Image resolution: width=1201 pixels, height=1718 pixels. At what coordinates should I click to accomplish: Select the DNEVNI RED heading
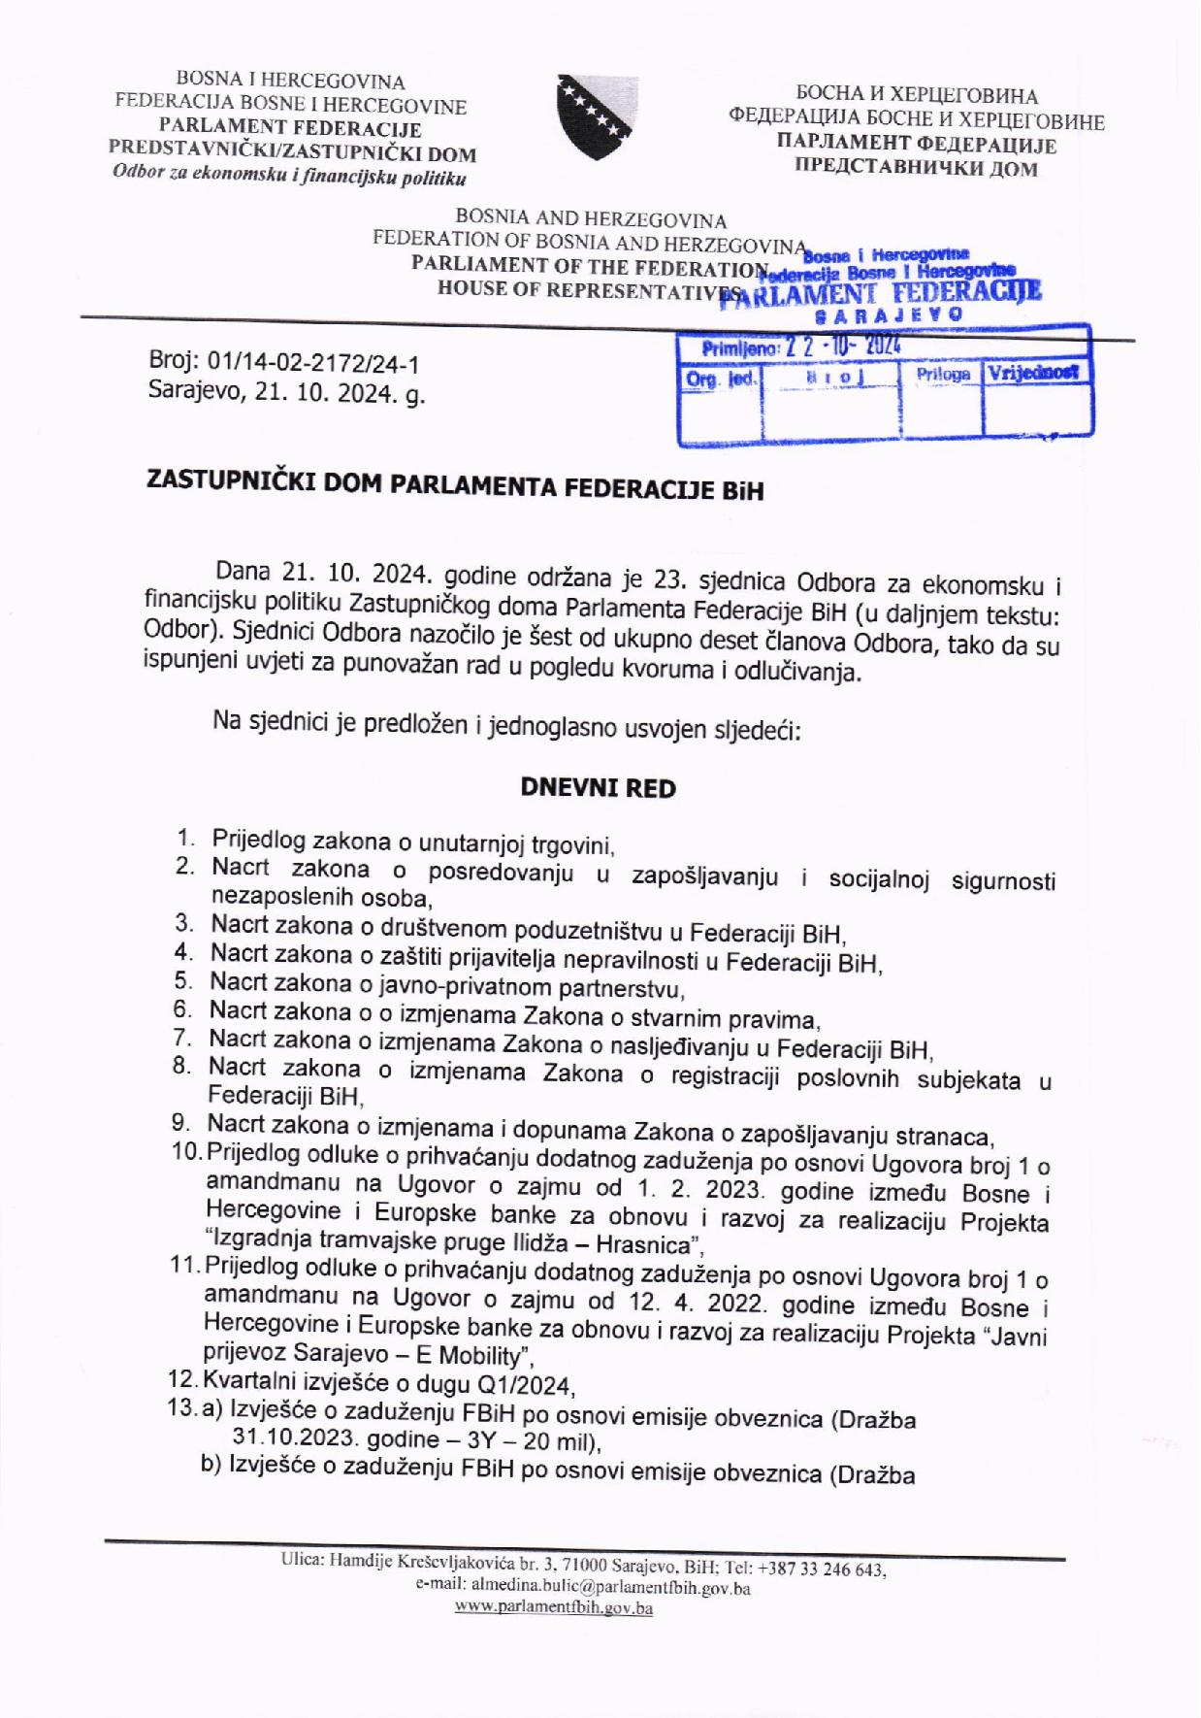[598, 787]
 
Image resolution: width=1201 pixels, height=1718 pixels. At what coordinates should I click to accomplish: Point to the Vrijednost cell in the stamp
[1035, 373]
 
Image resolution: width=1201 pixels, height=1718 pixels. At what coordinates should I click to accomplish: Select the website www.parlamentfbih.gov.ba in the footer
[554, 1607]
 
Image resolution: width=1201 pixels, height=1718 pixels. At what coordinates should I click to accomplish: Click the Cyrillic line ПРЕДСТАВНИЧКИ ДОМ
[916, 168]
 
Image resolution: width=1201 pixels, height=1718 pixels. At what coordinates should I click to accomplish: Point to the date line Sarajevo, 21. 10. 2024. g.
[287, 392]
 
